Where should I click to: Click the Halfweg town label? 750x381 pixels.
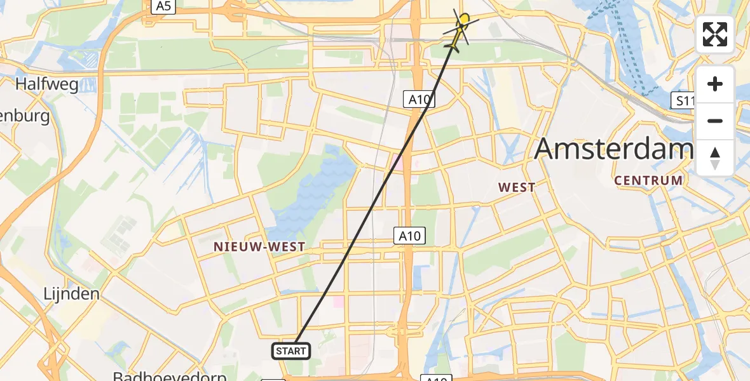48,84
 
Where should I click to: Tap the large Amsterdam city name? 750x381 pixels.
613,148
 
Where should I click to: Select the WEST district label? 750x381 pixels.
517,187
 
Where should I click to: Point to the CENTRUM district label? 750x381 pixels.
648,180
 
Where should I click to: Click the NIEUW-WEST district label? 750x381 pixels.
259,246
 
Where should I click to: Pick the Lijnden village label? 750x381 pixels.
71,294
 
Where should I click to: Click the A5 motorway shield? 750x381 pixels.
163,6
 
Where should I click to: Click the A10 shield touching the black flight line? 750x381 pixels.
419,100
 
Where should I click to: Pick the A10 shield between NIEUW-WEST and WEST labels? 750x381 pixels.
409,236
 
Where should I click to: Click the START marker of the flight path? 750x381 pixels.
292,351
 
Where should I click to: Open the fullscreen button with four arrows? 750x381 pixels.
715,35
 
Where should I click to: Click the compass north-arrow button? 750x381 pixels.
715,158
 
